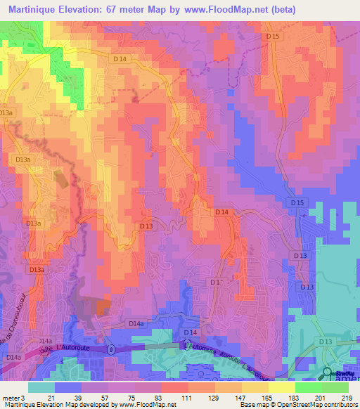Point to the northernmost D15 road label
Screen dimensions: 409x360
click(x=274, y=36)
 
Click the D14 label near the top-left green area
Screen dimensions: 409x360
click(x=120, y=60)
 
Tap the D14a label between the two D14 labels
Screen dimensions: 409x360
click(x=136, y=323)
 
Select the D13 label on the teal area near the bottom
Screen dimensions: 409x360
click(x=325, y=341)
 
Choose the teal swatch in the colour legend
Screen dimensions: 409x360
click(x=41, y=387)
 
